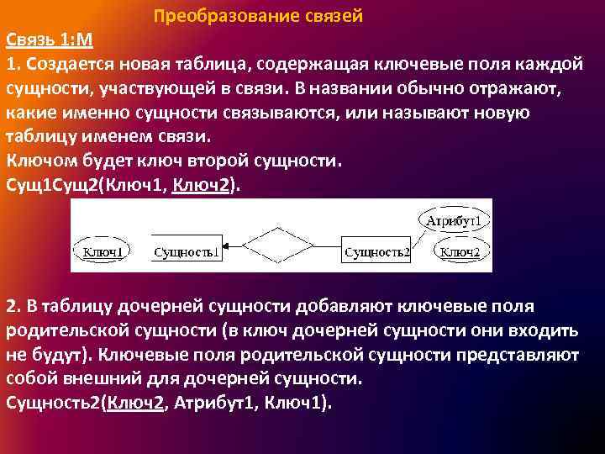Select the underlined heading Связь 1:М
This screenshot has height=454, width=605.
pos(50,41)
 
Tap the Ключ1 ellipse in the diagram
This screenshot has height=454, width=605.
pos(103,251)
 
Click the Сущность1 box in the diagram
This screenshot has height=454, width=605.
pos(187,251)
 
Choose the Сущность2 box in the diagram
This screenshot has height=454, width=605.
pos(378,251)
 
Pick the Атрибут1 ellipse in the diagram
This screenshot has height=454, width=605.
pos(454,222)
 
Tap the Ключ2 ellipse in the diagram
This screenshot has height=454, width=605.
pos(460,251)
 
